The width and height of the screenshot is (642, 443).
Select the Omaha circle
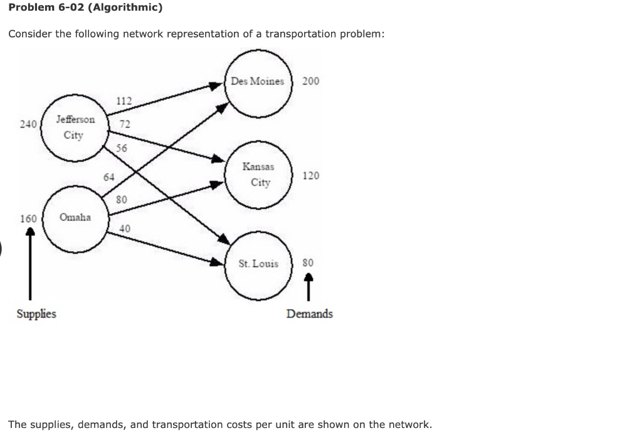pyautogui.click(x=74, y=217)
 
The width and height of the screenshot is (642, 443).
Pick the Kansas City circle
pyautogui.click(x=259, y=174)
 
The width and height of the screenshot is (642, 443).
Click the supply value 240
pyautogui.click(x=28, y=124)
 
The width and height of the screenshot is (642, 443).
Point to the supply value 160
pyautogui.click(x=28, y=219)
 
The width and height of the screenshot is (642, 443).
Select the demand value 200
pyautogui.click(x=310, y=81)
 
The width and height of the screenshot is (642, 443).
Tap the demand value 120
pyautogui.click(x=310, y=176)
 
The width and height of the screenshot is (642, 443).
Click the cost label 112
pyautogui.click(x=124, y=100)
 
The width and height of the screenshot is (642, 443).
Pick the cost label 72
pyautogui.click(x=125, y=124)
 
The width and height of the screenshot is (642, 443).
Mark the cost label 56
pyautogui.click(x=122, y=148)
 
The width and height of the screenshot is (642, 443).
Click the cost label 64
pyautogui.click(x=109, y=178)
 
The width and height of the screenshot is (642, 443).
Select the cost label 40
pyautogui.click(x=125, y=228)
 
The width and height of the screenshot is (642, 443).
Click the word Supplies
pyautogui.click(x=36, y=313)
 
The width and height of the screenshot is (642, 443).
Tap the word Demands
pyautogui.click(x=310, y=313)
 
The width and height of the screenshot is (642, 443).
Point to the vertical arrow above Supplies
pyautogui.click(x=29, y=264)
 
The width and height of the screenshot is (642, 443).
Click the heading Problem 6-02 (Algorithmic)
pyautogui.click(x=85, y=8)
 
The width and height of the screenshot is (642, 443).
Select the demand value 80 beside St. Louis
pyautogui.click(x=308, y=263)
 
